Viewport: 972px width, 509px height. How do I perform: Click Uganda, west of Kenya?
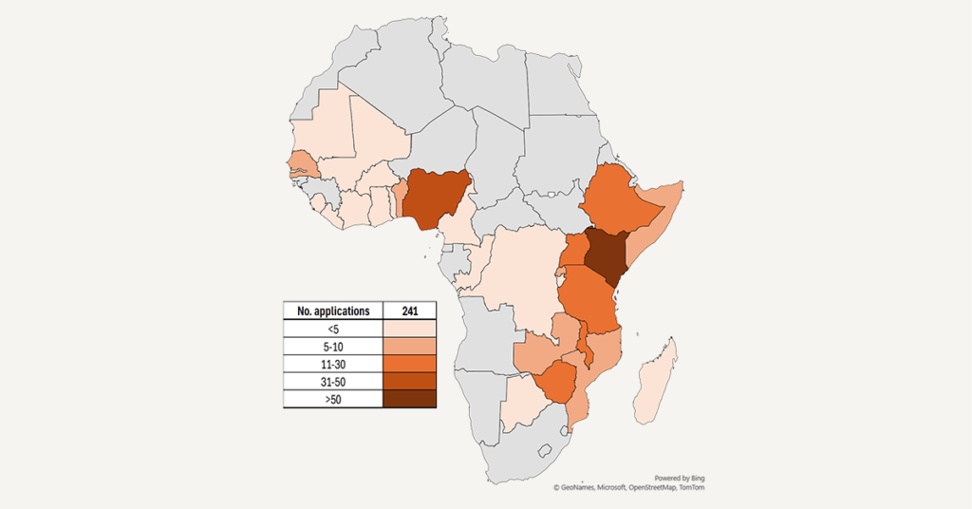(575, 253)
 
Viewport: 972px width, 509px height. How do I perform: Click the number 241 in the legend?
(409, 311)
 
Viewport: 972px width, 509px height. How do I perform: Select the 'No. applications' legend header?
(333, 311)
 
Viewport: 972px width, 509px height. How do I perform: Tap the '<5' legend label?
(333, 329)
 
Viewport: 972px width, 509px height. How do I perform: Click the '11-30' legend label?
(333, 364)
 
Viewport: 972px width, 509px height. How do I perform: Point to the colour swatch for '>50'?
(409, 400)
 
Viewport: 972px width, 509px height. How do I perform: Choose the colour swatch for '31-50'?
(409, 382)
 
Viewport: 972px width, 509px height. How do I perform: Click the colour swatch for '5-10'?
(409, 347)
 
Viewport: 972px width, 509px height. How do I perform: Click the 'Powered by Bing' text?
(680, 478)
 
